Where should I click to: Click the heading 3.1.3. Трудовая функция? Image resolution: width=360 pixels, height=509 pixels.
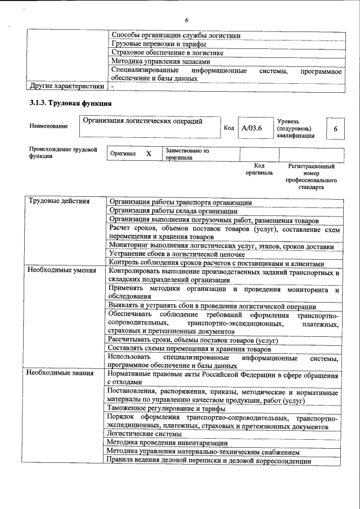70,104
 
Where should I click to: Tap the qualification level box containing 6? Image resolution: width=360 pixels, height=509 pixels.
335,129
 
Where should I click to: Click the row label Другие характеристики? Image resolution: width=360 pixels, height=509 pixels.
67,87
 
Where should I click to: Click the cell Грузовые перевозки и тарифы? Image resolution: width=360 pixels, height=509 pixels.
158,43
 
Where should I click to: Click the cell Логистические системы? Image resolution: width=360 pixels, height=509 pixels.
145,434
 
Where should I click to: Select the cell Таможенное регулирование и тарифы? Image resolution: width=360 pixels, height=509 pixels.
166,408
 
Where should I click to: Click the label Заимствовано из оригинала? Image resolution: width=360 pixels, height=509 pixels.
187,154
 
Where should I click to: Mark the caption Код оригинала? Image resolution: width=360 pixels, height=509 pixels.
259,169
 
